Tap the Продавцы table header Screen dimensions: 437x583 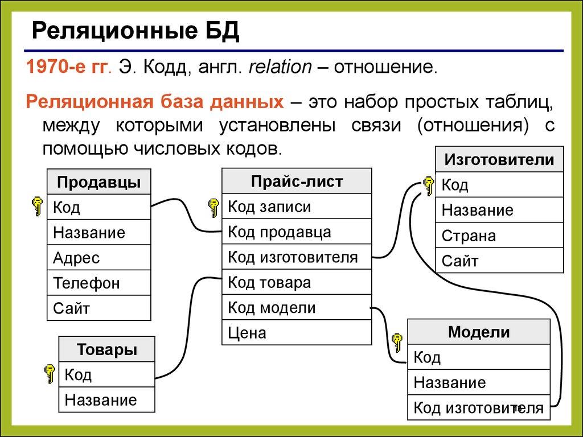(98, 182)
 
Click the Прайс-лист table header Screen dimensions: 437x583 (297, 181)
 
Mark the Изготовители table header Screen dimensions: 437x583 (499, 159)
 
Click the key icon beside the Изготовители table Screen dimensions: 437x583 (428, 185)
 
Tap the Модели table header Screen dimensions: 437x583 (478, 332)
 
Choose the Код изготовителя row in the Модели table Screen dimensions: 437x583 (478, 407)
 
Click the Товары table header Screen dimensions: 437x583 (106, 349)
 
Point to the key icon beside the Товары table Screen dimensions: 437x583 (50, 373)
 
